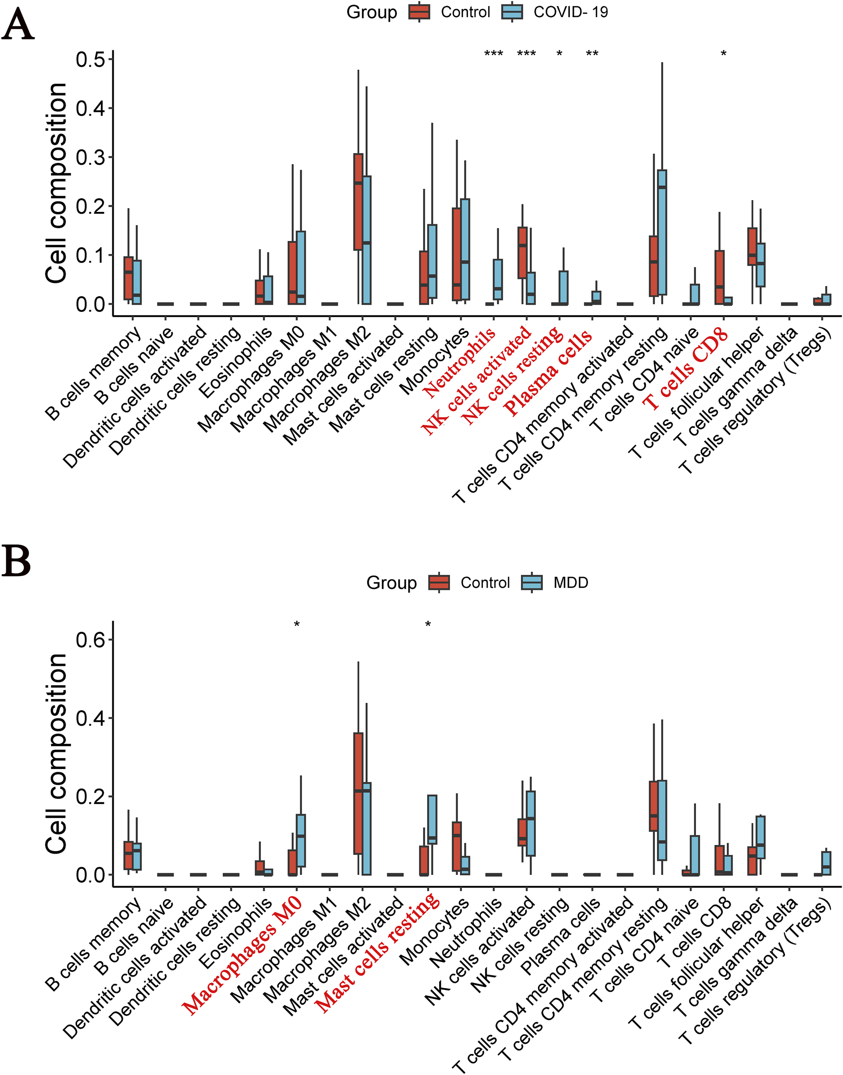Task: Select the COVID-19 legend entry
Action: pos(570,12)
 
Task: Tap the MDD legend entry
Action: pos(570,582)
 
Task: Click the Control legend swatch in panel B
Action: pos(439,582)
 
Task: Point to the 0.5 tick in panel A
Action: pos(91,60)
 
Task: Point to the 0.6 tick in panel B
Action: pos(91,640)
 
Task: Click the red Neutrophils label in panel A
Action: pos(460,362)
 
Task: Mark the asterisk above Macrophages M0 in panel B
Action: pos(297,625)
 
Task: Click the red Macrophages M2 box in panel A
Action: pos(358,202)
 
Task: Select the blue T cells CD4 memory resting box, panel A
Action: pos(662,232)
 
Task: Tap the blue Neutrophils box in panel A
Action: pos(498,279)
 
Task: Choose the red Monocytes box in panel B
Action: pos(457,846)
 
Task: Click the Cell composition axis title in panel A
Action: pos(56,183)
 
